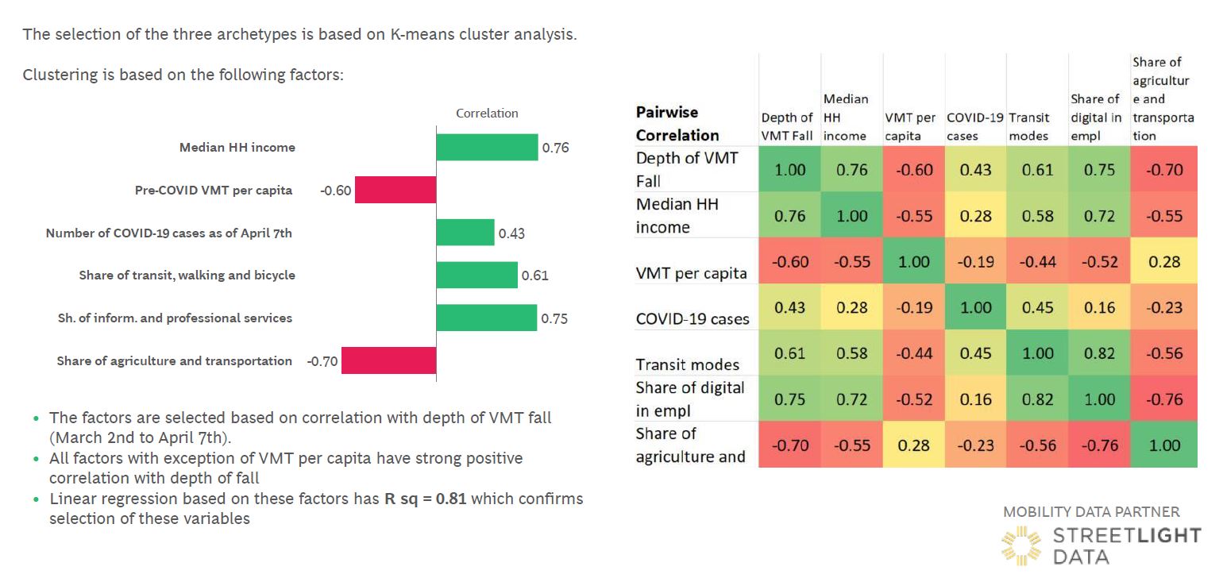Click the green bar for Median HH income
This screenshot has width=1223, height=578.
[487, 147]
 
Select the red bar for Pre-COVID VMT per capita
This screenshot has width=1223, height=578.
[395, 190]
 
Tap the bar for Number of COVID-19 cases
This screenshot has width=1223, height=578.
[465, 233]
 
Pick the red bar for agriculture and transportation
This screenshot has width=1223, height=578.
[389, 360]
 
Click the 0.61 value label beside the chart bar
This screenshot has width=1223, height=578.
[534, 276]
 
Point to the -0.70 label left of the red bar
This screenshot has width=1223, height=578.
[322, 361]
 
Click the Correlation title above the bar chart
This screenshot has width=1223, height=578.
[487, 114]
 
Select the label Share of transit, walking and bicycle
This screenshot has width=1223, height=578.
[187, 276]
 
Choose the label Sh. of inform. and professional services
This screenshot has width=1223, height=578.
[170, 318]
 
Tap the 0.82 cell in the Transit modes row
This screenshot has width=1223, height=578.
[1100, 353]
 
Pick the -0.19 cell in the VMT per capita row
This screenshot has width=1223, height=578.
[976, 262]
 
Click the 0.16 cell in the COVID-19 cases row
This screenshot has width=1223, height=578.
[1100, 307]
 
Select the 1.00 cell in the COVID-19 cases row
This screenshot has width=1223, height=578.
[976, 307]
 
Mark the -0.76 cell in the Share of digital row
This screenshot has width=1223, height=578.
[1165, 399]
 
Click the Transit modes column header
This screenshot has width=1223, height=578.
[1029, 127]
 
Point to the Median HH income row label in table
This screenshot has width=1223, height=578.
[677, 215]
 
